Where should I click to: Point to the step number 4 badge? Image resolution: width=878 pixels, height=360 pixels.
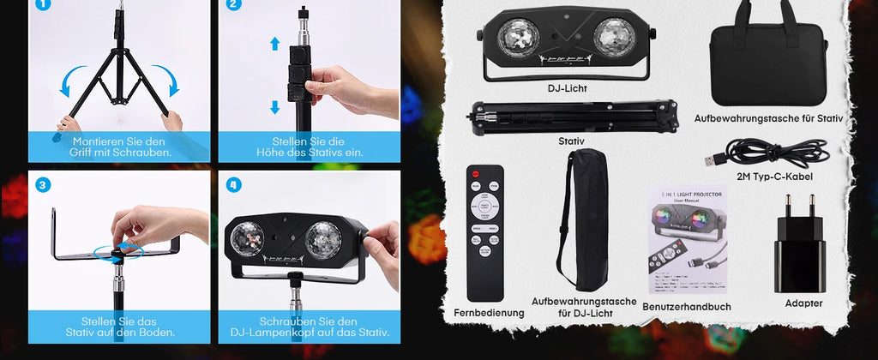point(234,184)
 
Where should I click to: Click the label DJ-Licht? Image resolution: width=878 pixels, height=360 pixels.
point(568,87)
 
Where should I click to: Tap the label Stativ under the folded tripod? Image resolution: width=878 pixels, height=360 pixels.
point(571,141)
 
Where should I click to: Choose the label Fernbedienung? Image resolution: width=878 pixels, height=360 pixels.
point(489,313)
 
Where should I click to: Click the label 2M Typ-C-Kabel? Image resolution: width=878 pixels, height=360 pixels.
point(775,177)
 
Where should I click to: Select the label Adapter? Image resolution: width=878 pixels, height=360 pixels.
point(803,303)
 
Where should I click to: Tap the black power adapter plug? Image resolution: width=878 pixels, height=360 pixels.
point(800,243)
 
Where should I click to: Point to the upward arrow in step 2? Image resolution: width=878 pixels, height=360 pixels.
point(274,44)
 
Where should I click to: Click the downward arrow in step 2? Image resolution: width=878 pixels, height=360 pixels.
point(274,107)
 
